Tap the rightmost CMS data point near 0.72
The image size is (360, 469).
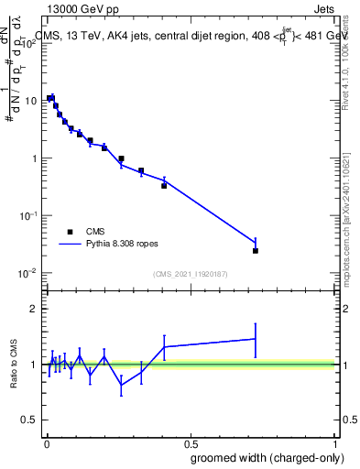coord(256,250)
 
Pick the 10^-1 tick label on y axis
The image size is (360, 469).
coord(29,215)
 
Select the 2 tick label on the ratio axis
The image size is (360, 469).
coord(34,309)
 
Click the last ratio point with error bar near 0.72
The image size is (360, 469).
coord(256,339)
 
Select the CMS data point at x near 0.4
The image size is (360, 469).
coord(164,185)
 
